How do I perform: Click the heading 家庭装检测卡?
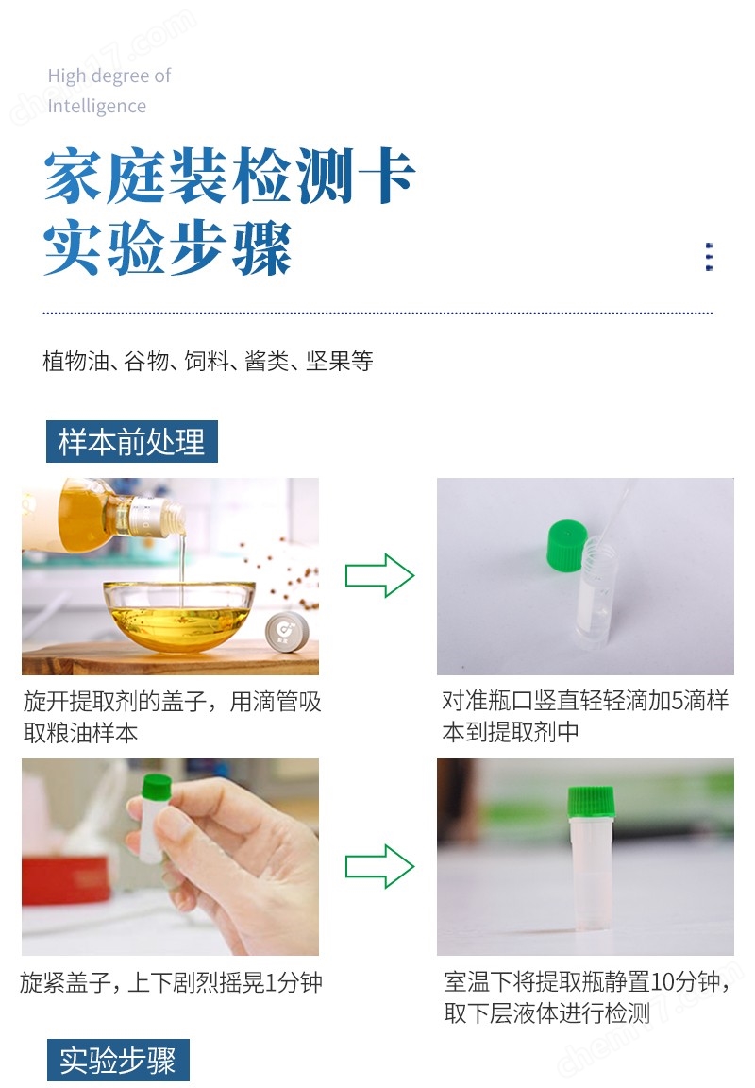(x=229, y=178)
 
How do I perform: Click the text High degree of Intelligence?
(x=109, y=91)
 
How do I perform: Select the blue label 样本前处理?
(x=132, y=442)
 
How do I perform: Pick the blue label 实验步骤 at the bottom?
(x=118, y=1061)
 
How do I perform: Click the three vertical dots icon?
(x=709, y=257)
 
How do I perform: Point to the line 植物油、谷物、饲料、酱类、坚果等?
(x=208, y=361)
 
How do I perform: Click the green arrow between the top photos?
(x=379, y=575)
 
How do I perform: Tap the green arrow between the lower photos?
(x=379, y=865)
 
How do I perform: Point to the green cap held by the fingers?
(x=156, y=790)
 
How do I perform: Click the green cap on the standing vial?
(x=590, y=800)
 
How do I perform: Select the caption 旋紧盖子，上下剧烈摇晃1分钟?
(x=171, y=982)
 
